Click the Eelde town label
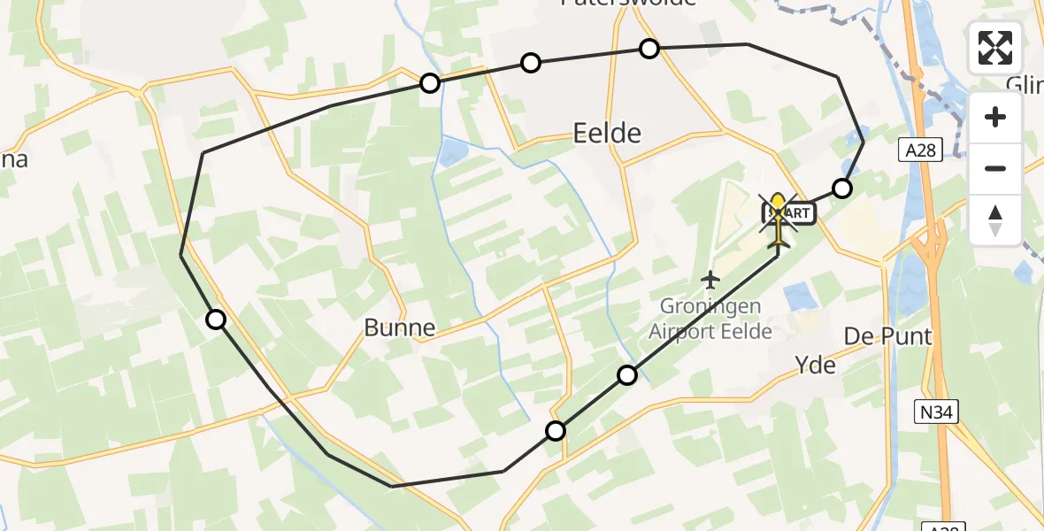(x=607, y=134)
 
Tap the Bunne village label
(x=400, y=328)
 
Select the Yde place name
(x=815, y=365)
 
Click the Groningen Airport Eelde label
(x=710, y=319)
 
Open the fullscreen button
(x=995, y=48)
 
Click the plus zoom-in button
(x=995, y=117)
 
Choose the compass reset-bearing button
(x=995, y=219)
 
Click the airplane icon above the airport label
(x=710, y=280)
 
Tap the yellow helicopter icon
(x=779, y=218)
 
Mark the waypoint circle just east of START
(x=842, y=189)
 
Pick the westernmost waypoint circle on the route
(x=216, y=319)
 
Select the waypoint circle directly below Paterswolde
(x=649, y=49)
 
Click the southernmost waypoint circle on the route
(x=556, y=431)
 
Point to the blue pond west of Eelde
(x=452, y=153)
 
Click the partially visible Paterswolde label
(x=629, y=4)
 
